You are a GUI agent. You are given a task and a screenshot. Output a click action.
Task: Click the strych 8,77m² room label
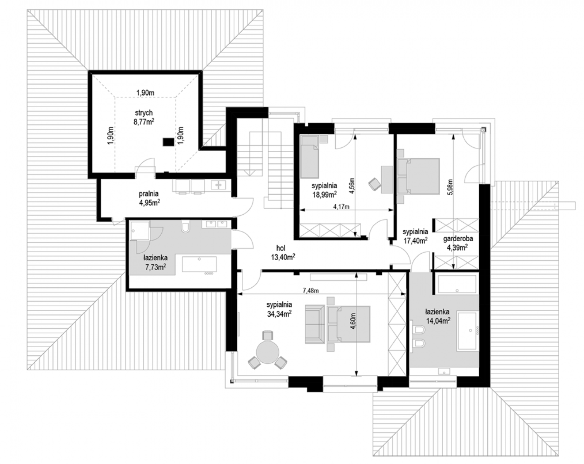[144, 117]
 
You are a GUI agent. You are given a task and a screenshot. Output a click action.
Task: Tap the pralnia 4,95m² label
[149, 198]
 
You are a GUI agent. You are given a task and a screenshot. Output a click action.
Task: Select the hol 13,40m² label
[283, 252]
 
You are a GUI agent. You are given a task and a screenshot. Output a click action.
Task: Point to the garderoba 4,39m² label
[458, 243]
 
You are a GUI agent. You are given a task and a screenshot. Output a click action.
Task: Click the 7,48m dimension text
[311, 291]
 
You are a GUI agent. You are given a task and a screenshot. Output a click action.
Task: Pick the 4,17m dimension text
[341, 206]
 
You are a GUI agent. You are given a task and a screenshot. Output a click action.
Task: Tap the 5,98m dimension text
[451, 187]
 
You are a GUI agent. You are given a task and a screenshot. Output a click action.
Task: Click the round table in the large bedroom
[268, 352]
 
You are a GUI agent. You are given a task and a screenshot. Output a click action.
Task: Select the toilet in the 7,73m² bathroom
[186, 227]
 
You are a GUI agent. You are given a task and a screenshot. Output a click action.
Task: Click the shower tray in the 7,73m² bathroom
[140, 230]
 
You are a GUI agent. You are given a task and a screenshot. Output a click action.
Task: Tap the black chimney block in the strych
[168, 142]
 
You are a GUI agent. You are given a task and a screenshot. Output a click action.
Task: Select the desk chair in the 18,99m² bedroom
[375, 184]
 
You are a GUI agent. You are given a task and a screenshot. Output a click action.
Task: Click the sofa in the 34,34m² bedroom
[315, 324]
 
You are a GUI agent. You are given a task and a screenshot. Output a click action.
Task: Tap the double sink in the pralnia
[218, 185]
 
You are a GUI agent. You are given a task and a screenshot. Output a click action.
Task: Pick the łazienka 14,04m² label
[438, 316]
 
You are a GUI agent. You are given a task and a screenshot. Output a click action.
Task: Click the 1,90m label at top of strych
[145, 93]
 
